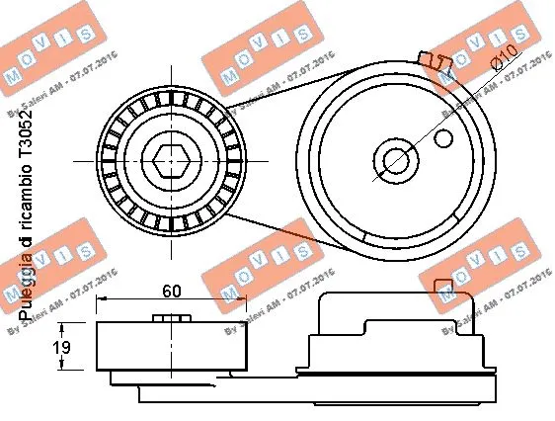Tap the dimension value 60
tap(172, 292)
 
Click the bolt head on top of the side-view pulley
tap(172, 318)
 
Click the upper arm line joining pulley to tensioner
tap(286, 85)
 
